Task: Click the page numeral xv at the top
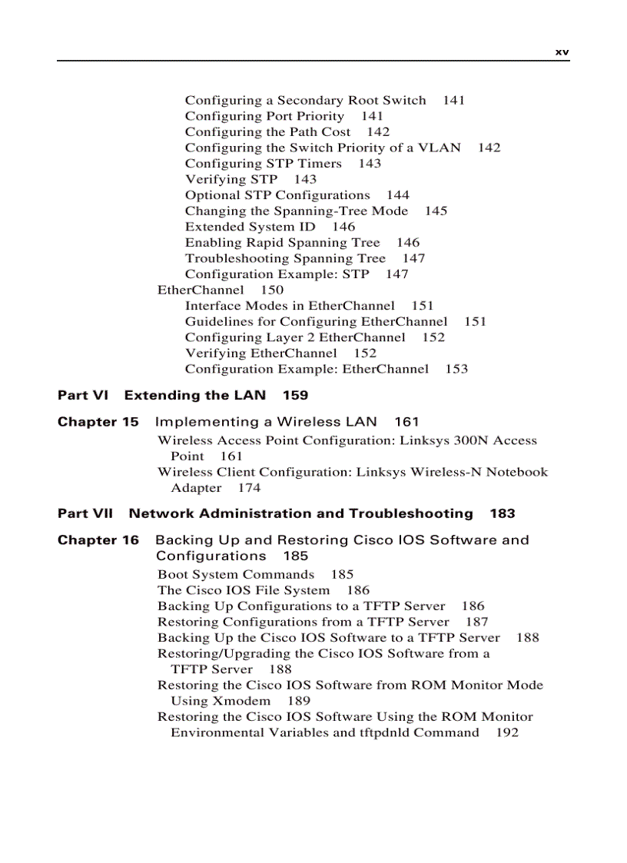562,52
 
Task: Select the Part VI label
83,396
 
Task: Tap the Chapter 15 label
98,422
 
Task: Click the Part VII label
85,513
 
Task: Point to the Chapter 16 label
98,540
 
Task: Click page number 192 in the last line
507,733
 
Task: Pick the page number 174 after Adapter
249,488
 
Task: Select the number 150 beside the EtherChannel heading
272,290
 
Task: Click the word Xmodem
241,701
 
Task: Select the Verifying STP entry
231,180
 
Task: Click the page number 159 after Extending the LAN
295,396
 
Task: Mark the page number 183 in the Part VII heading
503,513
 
